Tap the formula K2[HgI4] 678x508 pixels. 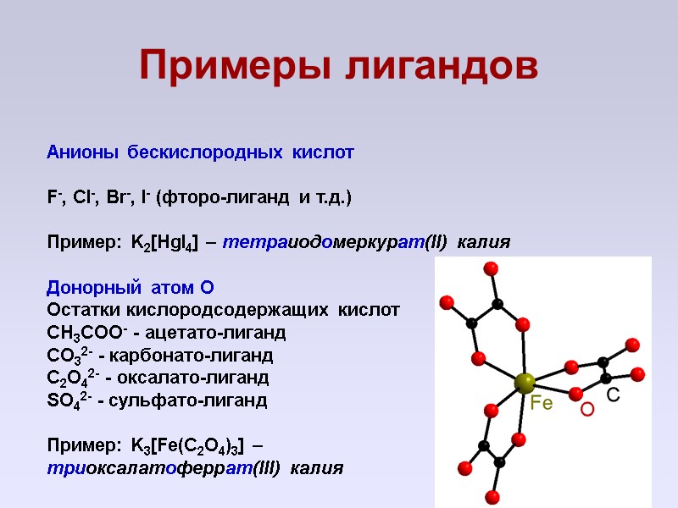[165, 243]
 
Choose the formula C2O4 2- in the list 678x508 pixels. [74, 378]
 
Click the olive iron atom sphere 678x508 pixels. [524, 383]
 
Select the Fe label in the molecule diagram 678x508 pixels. [542, 404]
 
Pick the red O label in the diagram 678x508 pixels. [586, 411]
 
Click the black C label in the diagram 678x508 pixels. [614, 395]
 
